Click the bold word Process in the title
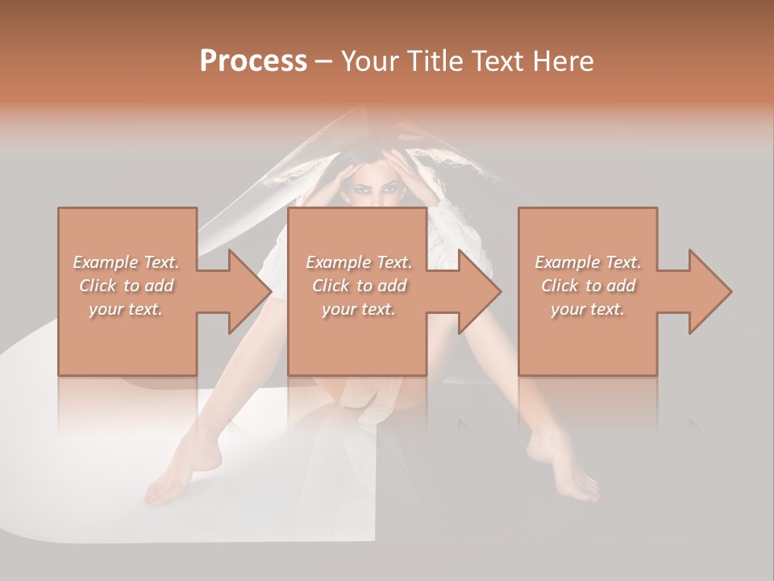pyautogui.click(x=253, y=61)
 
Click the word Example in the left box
pyautogui.click(x=106, y=262)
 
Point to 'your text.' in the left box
pyautogui.click(x=127, y=309)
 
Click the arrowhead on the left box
pyautogui.click(x=250, y=291)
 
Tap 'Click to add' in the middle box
pyautogui.click(x=359, y=286)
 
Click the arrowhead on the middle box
pyautogui.click(x=481, y=291)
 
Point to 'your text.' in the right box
pyautogui.click(x=589, y=309)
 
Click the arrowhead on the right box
pyautogui.click(x=710, y=291)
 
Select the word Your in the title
pyautogui.click(x=370, y=61)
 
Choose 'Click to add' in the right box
pyautogui.click(x=589, y=286)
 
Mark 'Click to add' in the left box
pyautogui.click(x=127, y=286)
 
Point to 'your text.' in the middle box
pyautogui.click(x=359, y=309)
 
